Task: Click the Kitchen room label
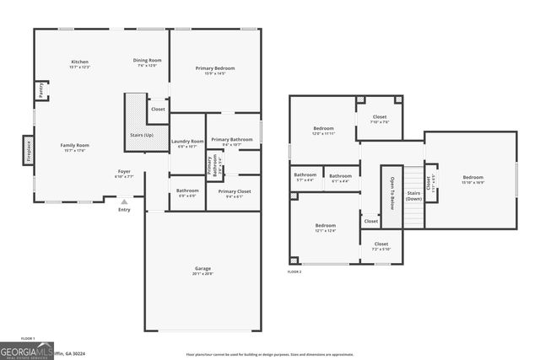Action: tap(80, 62)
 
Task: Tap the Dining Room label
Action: tap(147, 60)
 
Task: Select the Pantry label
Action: tap(40, 89)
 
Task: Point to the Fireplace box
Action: tap(29, 150)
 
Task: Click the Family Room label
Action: tap(74, 145)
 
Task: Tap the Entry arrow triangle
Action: tap(124, 202)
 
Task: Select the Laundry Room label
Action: tap(186, 142)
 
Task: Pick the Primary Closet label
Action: tap(229, 191)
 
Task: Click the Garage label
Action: tap(202, 268)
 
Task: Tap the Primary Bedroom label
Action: tap(214, 68)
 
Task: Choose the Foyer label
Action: tap(124, 172)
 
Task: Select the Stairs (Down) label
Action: tap(413, 196)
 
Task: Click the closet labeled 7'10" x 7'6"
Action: tap(379, 117)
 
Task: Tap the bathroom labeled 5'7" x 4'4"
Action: tap(305, 175)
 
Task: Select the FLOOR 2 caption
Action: tap(294, 272)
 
